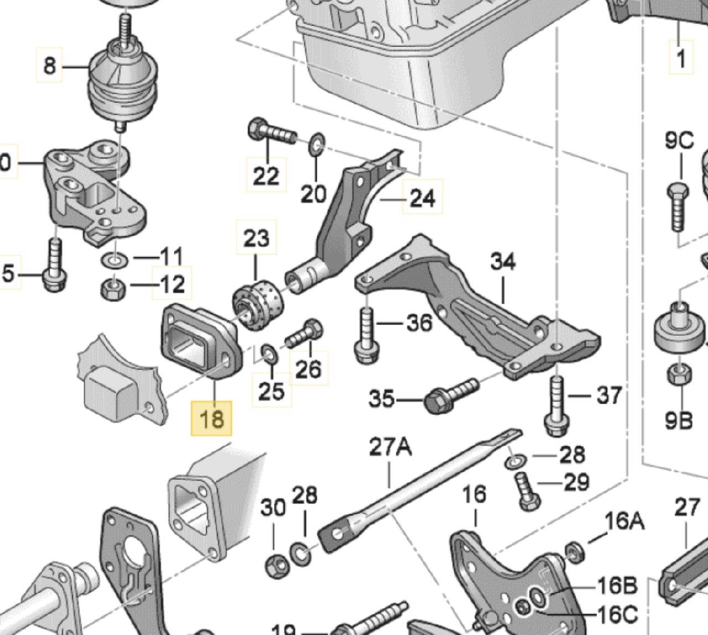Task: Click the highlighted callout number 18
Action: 211,418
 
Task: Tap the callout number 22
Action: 266,176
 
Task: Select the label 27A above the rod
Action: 390,447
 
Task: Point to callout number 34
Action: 503,261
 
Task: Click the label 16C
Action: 617,614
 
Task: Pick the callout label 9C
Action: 679,140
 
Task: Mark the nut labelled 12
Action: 113,287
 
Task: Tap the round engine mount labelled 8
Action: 122,83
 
